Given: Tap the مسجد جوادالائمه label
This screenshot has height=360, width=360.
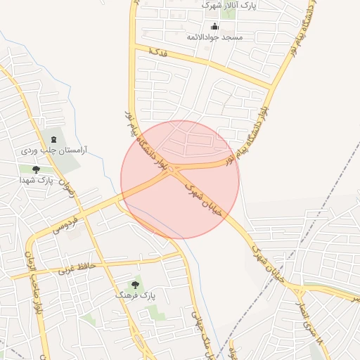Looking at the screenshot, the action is pyautogui.click(x=214, y=36).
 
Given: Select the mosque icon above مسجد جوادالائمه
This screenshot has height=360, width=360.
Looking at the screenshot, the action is pyautogui.click(x=205, y=27).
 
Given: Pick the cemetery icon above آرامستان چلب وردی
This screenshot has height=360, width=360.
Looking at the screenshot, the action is pyautogui.click(x=52, y=136).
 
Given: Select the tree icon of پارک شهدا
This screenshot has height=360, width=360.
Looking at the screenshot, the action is pyautogui.click(x=36, y=169).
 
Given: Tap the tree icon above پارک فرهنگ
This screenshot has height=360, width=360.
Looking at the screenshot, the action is pyautogui.click(x=135, y=285).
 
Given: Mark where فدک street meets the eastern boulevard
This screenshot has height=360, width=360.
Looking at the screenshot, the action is pyautogui.click(x=271, y=87).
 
